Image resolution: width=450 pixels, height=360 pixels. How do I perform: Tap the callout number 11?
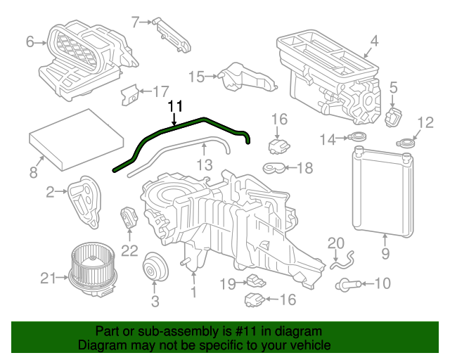click(175, 105)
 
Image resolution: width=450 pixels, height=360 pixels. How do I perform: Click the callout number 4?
click(375, 41)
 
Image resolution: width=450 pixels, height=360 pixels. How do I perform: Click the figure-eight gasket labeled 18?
click(274, 168)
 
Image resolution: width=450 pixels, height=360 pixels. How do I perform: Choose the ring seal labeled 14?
click(358, 139)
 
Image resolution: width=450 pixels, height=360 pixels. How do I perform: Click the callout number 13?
click(204, 165)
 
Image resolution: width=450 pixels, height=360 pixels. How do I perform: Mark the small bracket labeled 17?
click(130, 94)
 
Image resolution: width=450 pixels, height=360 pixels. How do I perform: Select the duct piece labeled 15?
click(243, 77)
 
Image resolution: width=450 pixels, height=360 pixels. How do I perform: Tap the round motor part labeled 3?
click(154, 269)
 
